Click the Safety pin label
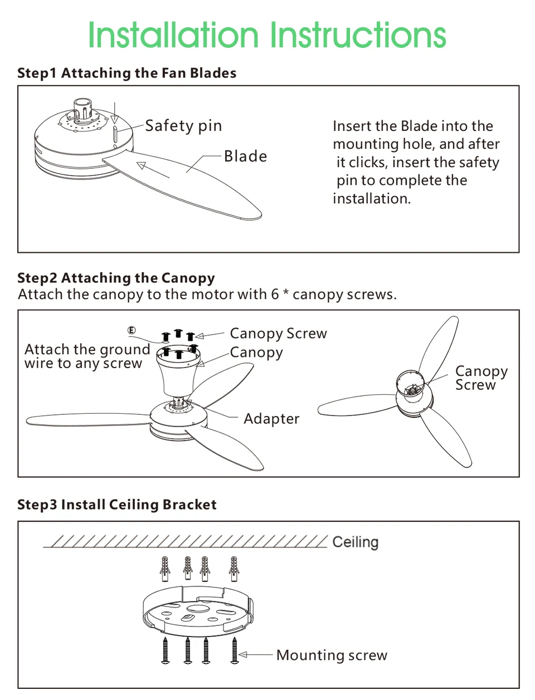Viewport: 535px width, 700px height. pyautogui.click(x=183, y=126)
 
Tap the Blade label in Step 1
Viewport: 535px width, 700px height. pyautogui.click(x=245, y=156)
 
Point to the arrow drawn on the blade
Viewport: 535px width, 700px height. pyautogui.click(x=153, y=170)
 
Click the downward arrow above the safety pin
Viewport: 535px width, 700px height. pyautogui.click(x=115, y=112)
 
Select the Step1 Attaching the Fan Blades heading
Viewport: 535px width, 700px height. pyautogui.click(x=127, y=73)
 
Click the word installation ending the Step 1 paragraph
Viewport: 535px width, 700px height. pyautogui.click(x=372, y=198)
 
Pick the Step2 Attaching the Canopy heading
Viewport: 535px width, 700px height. pyautogui.click(x=116, y=278)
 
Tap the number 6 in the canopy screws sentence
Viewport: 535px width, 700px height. pyautogui.click(x=275, y=294)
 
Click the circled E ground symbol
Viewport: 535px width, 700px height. pyautogui.click(x=132, y=330)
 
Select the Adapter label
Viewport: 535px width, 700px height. pyautogui.click(x=271, y=419)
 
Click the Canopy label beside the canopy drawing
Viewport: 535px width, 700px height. pyautogui.click(x=256, y=353)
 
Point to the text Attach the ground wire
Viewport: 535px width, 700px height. pyautogui.click(x=87, y=356)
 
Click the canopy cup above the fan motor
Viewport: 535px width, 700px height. pyautogui.click(x=178, y=373)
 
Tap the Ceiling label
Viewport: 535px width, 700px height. pyautogui.click(x=356, y=542)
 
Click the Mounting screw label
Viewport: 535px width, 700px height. pyautogui.click(x=332, y=655)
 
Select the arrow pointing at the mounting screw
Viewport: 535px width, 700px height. pyautogui.click(x=256, y=655)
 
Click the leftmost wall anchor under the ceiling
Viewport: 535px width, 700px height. pyautogui.click(x=164, y=569)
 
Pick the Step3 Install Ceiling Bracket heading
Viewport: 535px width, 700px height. pyautogui.click(x=117, y=505)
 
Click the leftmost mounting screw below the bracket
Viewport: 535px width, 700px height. pyautogui.click(x=166, y=650)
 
